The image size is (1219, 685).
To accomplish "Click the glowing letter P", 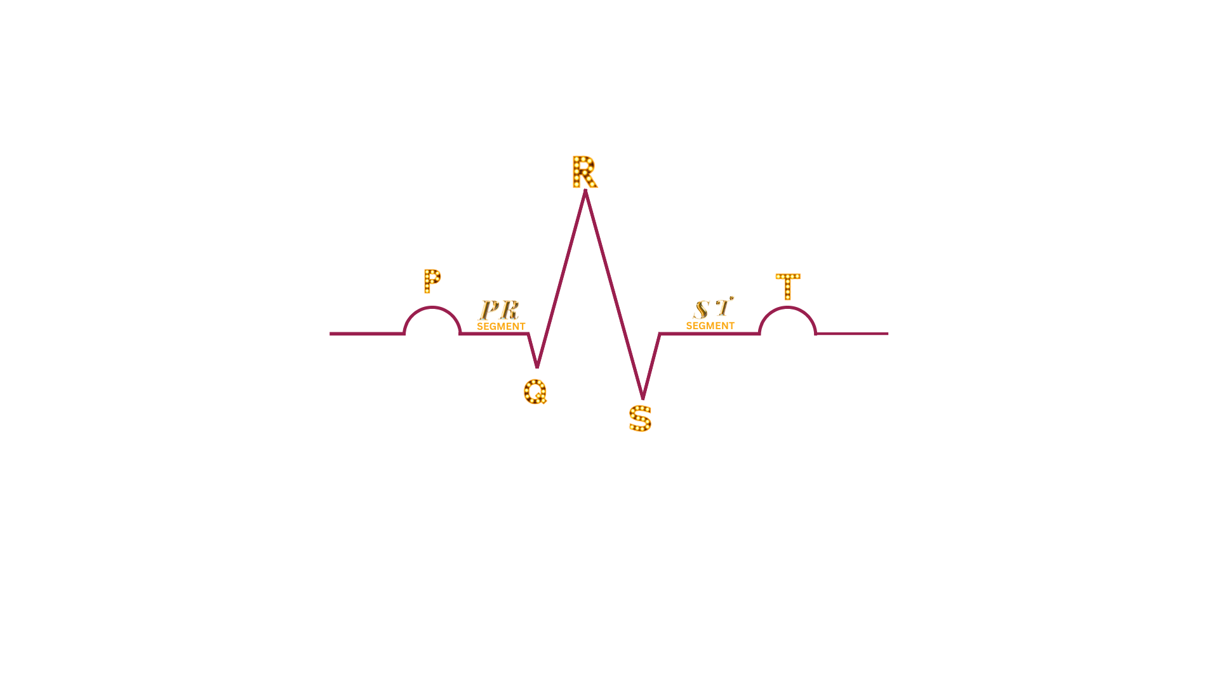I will pyautogui.click(x=432, y=281).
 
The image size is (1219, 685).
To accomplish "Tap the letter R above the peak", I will pyautogui.click(x=584, y=172).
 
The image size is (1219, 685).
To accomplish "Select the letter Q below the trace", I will pyautogui.click(x=535, y=391).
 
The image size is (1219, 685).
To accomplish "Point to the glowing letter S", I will pyautogui.click(x=640, y=419).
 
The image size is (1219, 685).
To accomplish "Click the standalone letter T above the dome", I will pyautogui.click(x=788, y=286).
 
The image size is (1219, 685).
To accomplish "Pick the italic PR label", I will pyautogui.click(x=499, y=310).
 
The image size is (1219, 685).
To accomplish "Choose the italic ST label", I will pyautogui.click(x=713, y=308).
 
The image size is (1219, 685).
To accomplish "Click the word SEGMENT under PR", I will pyautogui.click(x=501, y=326).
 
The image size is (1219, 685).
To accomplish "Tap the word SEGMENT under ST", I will pyautogui.click(x=710, y=325).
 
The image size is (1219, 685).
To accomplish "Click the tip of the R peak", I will pyautogui.click(x=585, y=191).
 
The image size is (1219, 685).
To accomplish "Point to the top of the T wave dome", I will pyautogui.click(x=787, y=308).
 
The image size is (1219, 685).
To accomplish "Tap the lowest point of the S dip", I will pyautogui.click(x=643, y=398).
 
